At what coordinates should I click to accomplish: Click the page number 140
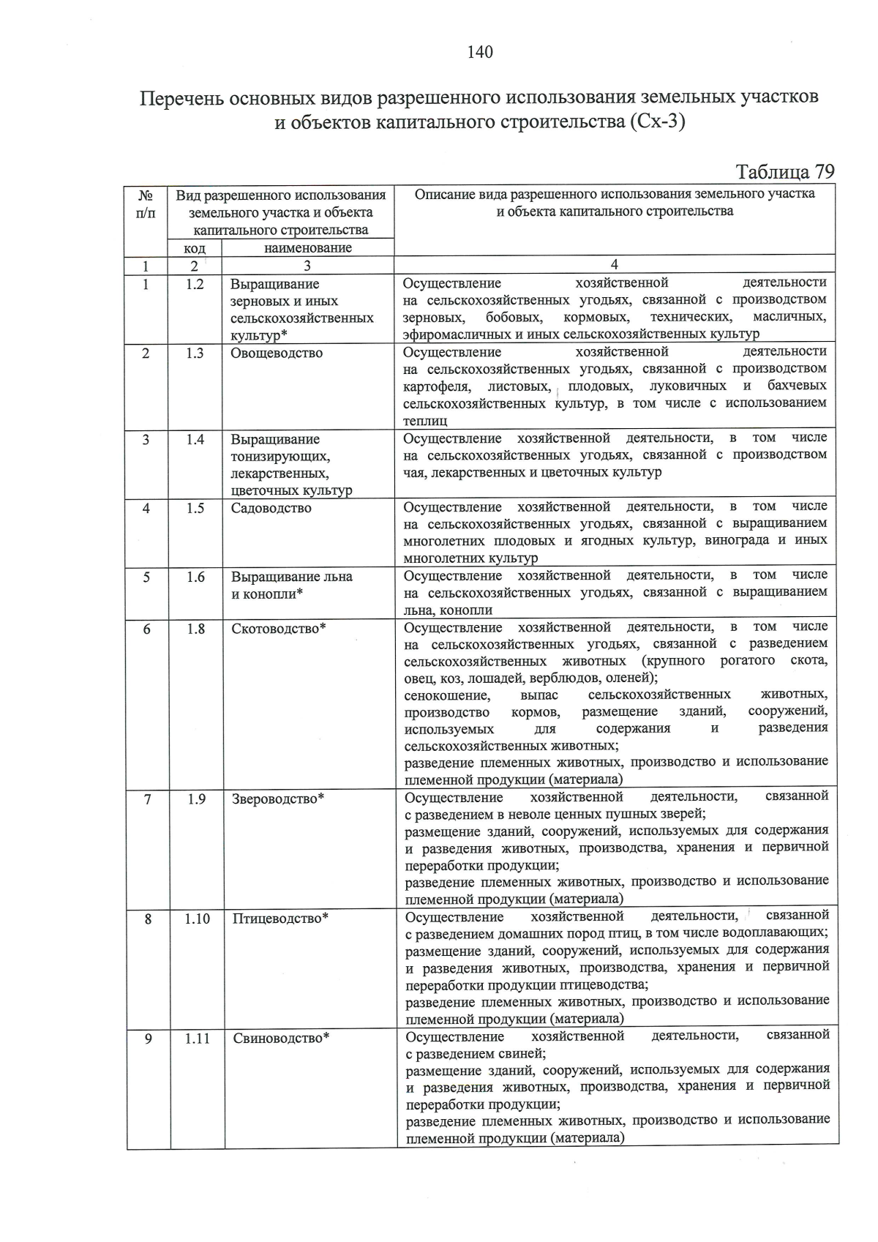pyautogui.click(x=480, y=52)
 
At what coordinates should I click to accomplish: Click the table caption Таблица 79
pyautogui.click(x=784, y=172)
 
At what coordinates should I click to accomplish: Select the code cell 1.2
pyautogui.click(x=195, y=285)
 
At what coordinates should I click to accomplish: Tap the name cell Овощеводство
pyautogui.click(x=277, y=353)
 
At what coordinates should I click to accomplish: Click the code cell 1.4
pyautogui.click(x=195, y=439)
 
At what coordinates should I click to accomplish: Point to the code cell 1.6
pyautogui.click(x=195, y=577)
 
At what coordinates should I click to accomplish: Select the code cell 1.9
pyautogui.click(x=196, y=799)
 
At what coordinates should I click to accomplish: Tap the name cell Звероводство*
pyautogui.click(x=278, y=799)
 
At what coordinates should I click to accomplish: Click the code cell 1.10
pyautogui.click(x=197, y=919)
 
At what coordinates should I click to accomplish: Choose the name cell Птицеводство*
pyautogui.click(x=280, y=919)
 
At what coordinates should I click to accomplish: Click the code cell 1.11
pyautogui.click(x=197, y=1038)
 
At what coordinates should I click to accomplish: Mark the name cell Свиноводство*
pyautogui.click(x=281, y=1038)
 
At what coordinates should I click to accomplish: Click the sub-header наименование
pyautogui.click(x=307, y=248)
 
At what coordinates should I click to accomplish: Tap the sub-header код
pyautogui.click(x=195, y=248)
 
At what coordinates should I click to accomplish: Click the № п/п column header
pyautogui.click(x=146, y=204)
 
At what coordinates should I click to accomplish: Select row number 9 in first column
pyautogui.click(x=149, y=1038)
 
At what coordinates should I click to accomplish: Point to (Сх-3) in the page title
pyautogui.click(x=656, y=122)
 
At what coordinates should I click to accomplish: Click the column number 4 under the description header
pyautogui.click(x=615, y=265)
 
